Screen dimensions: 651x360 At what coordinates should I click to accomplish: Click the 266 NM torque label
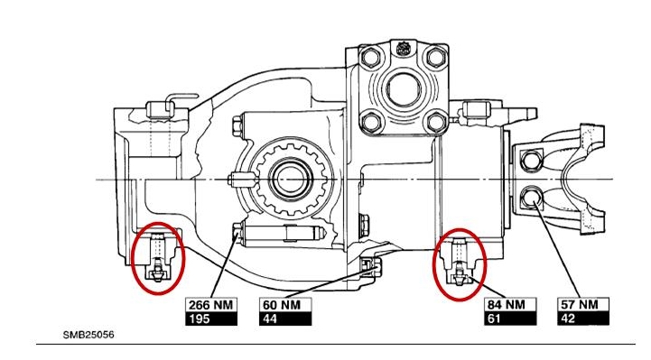pos(211,305)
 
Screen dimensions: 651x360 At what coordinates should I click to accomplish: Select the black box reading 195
pos(211,318)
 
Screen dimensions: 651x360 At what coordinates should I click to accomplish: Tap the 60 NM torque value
pos(285,305)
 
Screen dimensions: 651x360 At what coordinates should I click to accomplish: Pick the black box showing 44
pos(285,318)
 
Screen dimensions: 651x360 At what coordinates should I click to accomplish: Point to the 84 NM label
pos(510,305)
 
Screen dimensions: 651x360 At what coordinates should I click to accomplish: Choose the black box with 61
pos(510,318)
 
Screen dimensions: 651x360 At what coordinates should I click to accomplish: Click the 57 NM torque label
pos(583,305)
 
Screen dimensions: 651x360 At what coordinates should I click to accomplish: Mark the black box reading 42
pos(583,318)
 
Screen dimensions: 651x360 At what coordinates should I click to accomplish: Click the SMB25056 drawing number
pos(88,335)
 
